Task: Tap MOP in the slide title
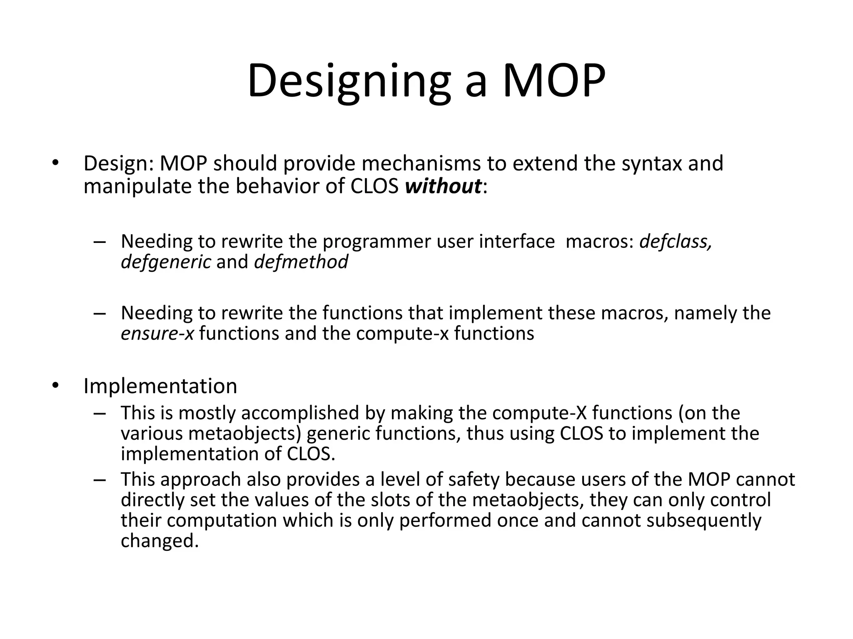(554, 81)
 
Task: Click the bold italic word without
(443, 186)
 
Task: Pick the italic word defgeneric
(166, 262)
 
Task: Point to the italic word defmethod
(301, 262)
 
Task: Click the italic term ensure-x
(157, 334)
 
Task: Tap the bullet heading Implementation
(160, 386)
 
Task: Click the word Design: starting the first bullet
(119, 163)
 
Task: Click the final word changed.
(160, 541)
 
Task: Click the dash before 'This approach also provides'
(100, 480)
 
